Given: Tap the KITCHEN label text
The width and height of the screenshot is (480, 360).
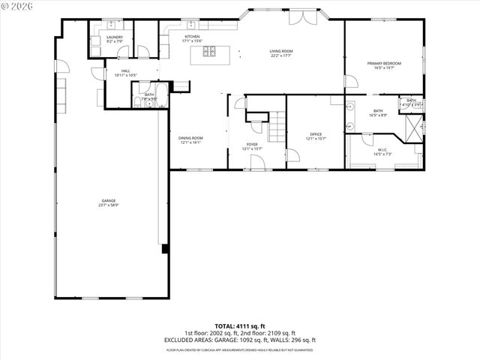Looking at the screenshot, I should pos(193,38).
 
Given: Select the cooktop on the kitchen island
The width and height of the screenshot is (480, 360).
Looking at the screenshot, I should pos(210,52).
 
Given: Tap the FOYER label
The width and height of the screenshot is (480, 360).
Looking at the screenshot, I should pos(252,145).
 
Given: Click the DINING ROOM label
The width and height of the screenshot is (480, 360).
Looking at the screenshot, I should pos(190,139).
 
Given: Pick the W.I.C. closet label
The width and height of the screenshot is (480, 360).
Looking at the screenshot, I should pos(382,151).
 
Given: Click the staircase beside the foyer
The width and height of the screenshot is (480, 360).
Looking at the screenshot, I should pos(277,126).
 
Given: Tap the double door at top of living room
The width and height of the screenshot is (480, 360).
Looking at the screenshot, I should pos(298,17).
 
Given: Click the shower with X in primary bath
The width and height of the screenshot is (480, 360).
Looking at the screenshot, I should pos(412,128).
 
